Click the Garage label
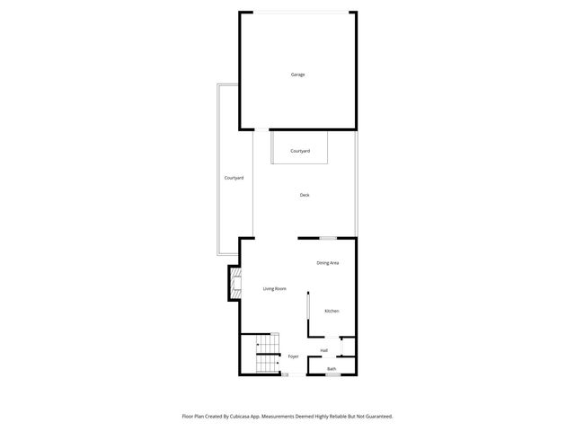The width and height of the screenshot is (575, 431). pyautogui.click(x=297, y=75)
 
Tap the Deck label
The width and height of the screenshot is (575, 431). pyautogui.click(x=305, y=195)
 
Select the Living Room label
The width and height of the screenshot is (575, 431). pyautogui.click(x=274, y=288)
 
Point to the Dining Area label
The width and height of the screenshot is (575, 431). pyautogui.click(x=327, y=263)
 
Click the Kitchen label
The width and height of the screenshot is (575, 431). pyautogui.click(x=332, y=311)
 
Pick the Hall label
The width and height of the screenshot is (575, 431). pyautogui.click(x=323, y=350)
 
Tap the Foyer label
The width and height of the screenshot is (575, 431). pyautogui.click(x=293, y=356)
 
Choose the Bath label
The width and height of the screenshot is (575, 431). pyautogui.click(x=332, y=369)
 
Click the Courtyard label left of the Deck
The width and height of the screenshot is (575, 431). pyautogui.click(x=234, y=178)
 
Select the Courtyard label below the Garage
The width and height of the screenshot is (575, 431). pyautogui.click(x=300, y=151)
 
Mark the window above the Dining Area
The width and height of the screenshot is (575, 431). pyautogui.click(x=328, y=238)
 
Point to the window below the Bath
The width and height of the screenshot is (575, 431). pyautogui.click(x=332, y=375)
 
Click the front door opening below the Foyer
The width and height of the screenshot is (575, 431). pyautogui.click(x=287, y=375)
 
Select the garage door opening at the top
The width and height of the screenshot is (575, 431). pyautogui.click(x=296, y=12)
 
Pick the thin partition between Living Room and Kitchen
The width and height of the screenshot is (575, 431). pyautogui.click(x=307, y=314)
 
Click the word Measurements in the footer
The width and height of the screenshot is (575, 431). pyautogui.click(x=283, y=417)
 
